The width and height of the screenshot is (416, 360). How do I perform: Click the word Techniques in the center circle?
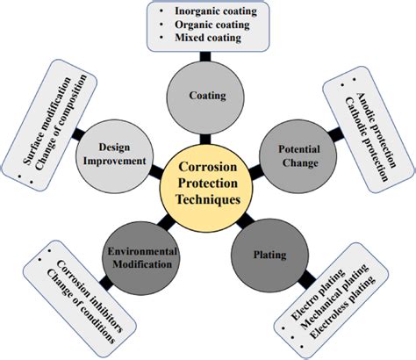[x=209, y=198]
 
